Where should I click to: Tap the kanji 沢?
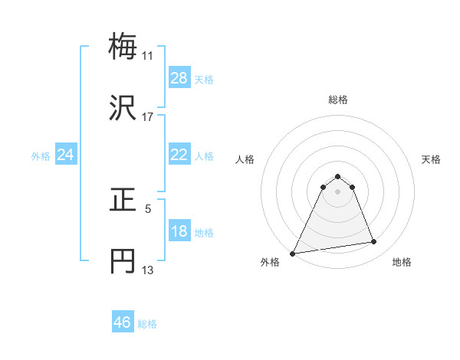pyautogui.click(x=123, y=109)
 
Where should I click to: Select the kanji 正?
pyautogui.click(x=123, y=200)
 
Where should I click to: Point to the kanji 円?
pyautogui.click(x=123, y=261)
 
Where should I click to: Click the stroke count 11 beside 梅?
pyautogui.click(x=147, y=56)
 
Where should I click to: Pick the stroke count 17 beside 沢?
pyautogui.click(x=147, y=117)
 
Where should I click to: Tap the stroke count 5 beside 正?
pyautogui.click(x=147, y=208)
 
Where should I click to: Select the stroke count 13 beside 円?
pyautogui.click(x=147, y=270)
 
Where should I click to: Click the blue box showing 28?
pyautogui.click(x=179, y=78)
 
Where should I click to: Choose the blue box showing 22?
pyautogui.click(x=179, y=155)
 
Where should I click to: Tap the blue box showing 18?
pyautogui.click(x=179, y=231)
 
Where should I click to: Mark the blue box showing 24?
pyautogui.click(x=66, y=155)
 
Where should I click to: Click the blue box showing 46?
pyautogui.click(x=123, y=322)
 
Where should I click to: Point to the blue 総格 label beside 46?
pyautogui.click(x=147, y=324)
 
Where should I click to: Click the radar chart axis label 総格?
pyautogui.click(x=338, y=100)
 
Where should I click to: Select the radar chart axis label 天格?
pyautogui.click(x=431, y=159)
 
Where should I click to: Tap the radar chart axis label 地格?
pyautogui.click(x=402, y=263)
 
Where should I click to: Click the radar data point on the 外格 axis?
pyautogui.click(x=293, y=254)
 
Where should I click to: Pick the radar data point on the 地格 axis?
pyautogui.click(x=374, y=242)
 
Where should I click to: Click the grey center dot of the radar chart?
pyautogui.click(x=338, y=191)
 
